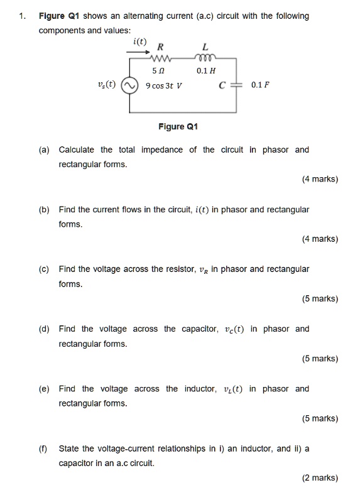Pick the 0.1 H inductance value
[x=205, y=70]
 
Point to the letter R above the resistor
[x=161, y=46]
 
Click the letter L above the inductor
[x=205, y=46]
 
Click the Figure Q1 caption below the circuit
[x=179, y=126]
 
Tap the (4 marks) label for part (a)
[x=320, y=179]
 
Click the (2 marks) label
[x=320, y=478]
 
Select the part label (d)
[x=43, y=329]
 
